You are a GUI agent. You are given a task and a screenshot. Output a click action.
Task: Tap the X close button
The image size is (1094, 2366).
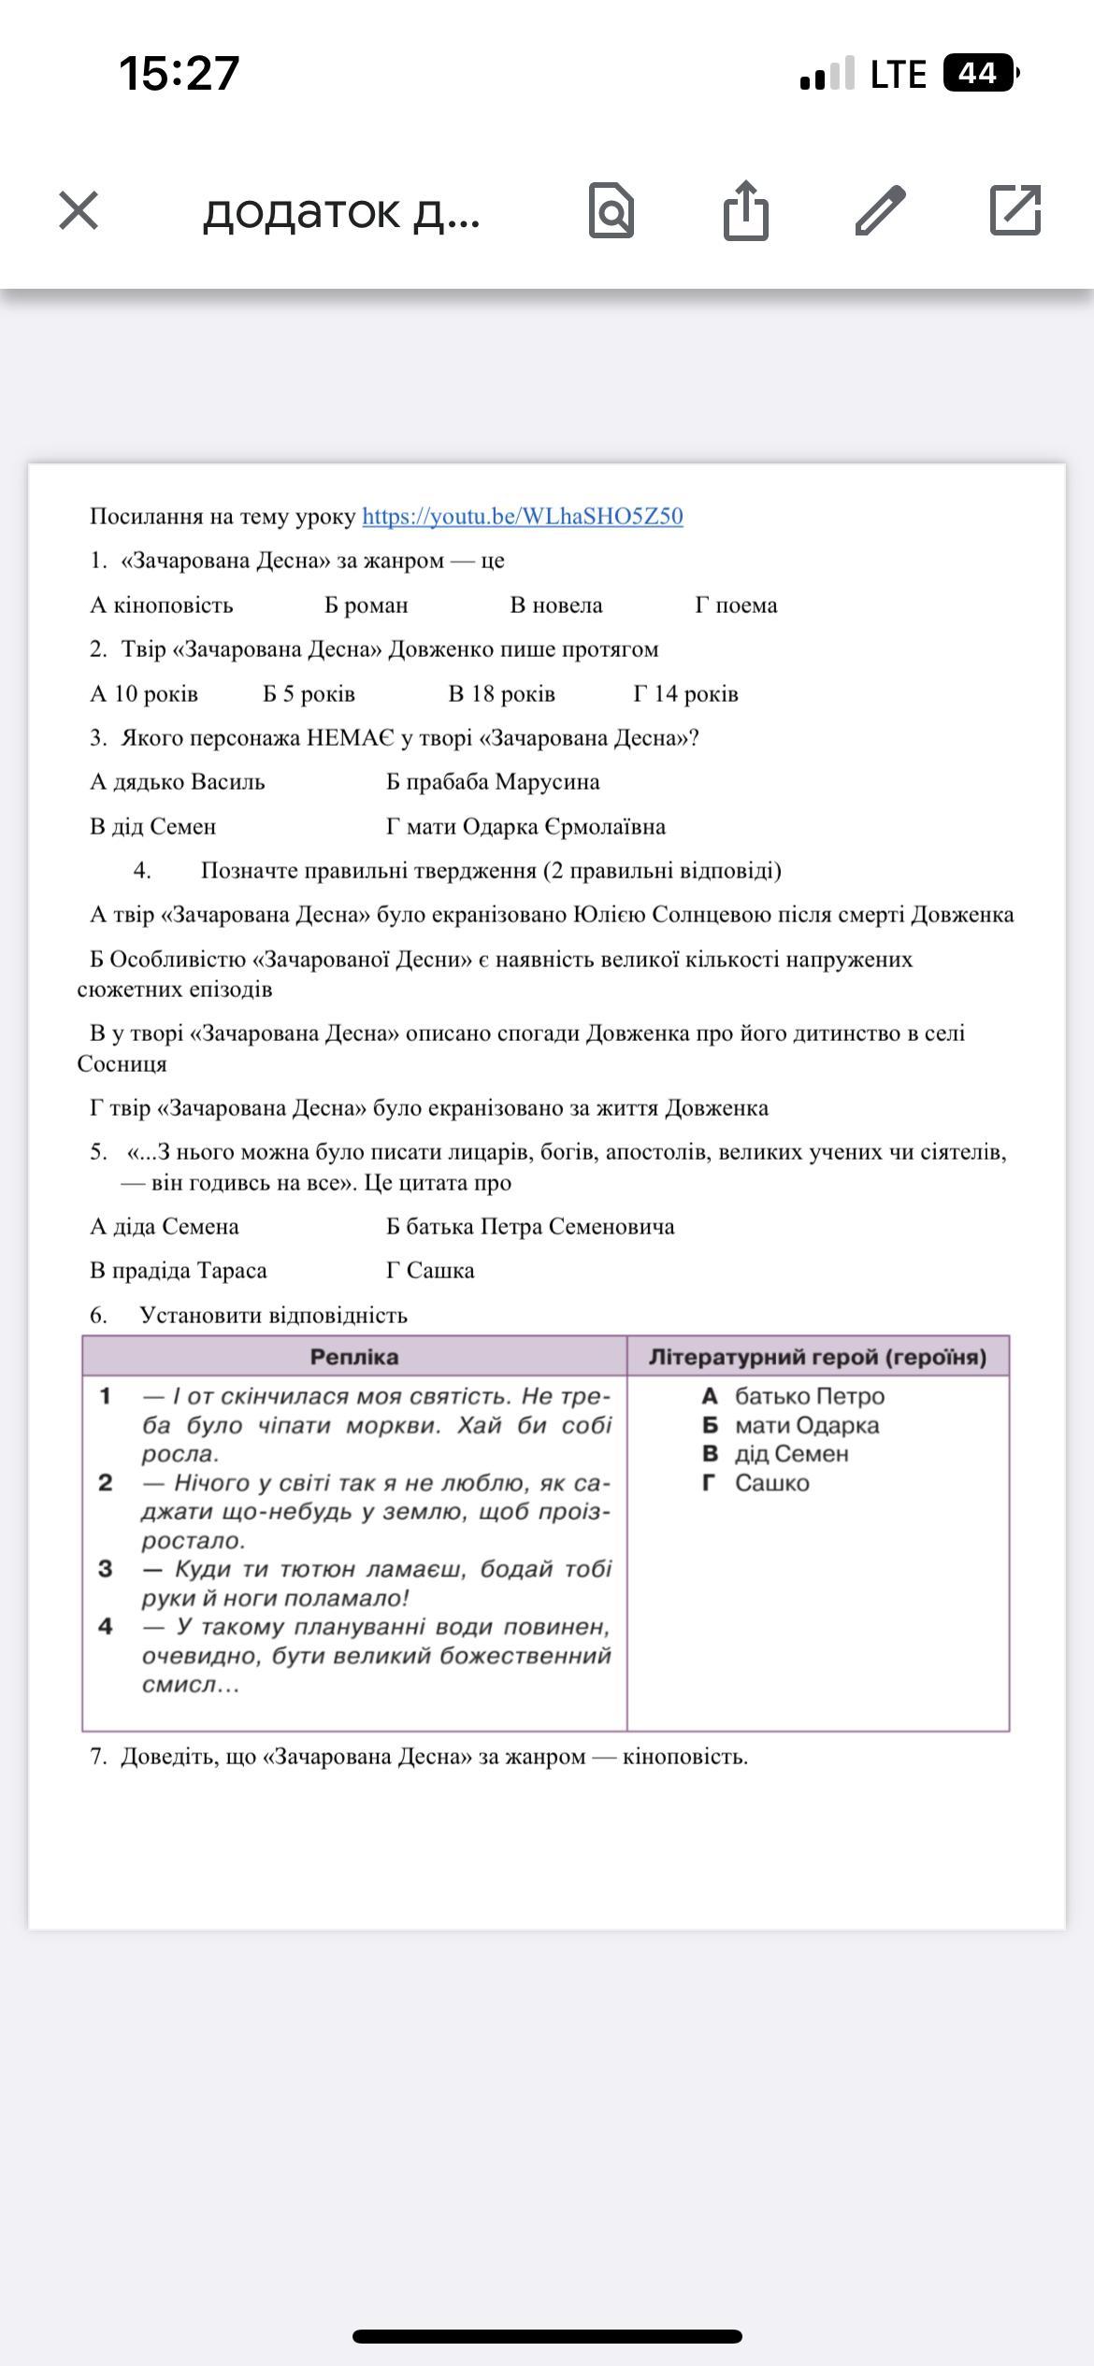[x=79, y=210]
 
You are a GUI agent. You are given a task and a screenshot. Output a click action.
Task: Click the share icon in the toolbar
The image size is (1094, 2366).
[x=745, y=210]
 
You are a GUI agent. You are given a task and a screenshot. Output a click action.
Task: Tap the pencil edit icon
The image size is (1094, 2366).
[x=880, y=210]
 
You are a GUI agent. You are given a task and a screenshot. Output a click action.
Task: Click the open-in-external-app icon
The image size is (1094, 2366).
[x=1015, y=210]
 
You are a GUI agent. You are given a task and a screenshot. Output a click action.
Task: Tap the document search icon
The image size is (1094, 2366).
[x=612, y=211]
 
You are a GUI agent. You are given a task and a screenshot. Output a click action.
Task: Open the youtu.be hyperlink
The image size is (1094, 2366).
[x=522, y=517]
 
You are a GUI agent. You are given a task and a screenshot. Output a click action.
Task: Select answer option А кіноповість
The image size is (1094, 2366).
[x=162, y=606]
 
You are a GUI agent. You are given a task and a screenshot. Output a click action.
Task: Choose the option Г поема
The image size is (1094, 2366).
[x=736, y=606]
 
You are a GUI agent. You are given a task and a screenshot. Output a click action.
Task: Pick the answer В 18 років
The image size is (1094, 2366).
[x=501, y=694]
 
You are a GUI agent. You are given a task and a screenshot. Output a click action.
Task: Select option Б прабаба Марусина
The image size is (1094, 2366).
[x=493, y=782]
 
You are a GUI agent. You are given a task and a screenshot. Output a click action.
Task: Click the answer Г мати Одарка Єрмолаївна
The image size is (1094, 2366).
[x=525, y=827]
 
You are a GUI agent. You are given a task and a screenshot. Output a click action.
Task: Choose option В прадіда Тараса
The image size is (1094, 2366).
[x=179, y=1271]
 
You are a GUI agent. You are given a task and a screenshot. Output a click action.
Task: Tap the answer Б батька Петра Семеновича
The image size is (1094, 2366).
[x=530, y=1227]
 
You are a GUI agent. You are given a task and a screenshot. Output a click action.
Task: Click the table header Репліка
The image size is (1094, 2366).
[x=354, y=1357]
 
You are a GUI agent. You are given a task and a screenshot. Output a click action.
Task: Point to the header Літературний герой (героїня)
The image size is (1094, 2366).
[x=817, y=1357]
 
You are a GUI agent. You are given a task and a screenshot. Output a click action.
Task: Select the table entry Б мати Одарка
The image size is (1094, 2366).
[x=791, y=1426]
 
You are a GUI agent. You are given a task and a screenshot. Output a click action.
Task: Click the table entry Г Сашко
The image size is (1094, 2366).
[x=756, y=1483]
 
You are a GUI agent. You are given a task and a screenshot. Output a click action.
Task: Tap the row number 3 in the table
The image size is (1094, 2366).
[x=106, y=1569]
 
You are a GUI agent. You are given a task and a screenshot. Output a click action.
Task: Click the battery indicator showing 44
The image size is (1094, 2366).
[x=979, y=73]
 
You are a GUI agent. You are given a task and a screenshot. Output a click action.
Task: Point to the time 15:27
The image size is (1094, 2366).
[x=180, y=73]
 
